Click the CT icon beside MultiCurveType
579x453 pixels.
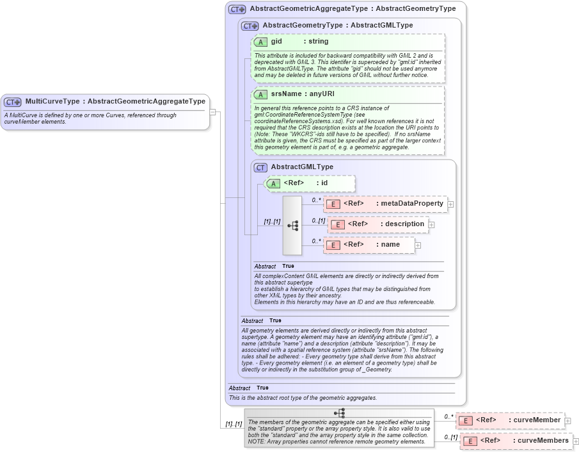[x=13, y=102]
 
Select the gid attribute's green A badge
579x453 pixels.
[x=260, y=42]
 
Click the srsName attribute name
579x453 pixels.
[x=285, y=94]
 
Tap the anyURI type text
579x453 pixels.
[x=320, y=94]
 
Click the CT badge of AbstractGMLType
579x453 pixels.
[x=260, y=167]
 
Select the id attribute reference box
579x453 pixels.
[x=310, y=183]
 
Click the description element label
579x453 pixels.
[x=404, y=224]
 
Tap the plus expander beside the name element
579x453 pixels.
[x=418, y=245]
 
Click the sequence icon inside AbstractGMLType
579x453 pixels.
[x=292, y=226]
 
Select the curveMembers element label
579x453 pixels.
[x=543, y=441]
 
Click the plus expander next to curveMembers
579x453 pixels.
[x=576, y=441]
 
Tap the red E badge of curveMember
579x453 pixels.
[x=466, y=420]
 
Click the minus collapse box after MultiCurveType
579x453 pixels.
[x=212, y=111]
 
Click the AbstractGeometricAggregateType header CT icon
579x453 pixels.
[x=237, y=10]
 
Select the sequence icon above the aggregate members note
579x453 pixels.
[x=339, y=413]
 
